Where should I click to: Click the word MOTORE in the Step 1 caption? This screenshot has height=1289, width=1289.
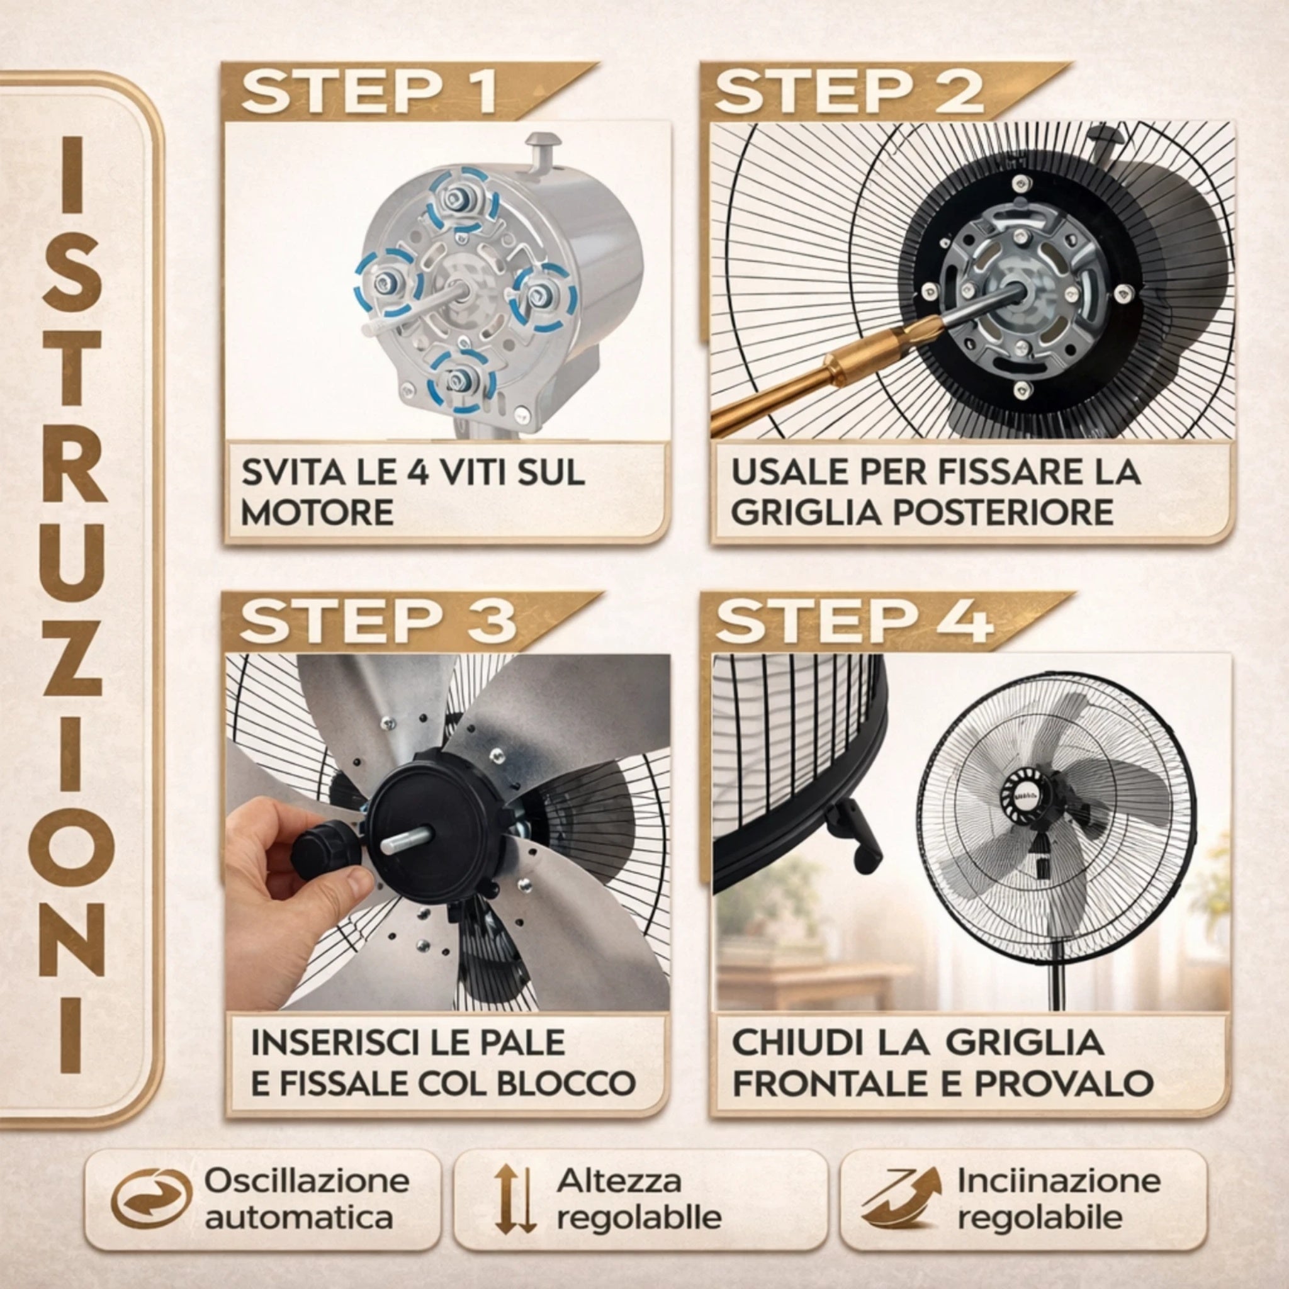tap(318, 512)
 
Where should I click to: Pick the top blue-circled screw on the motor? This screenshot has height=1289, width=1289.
tap(461, 199)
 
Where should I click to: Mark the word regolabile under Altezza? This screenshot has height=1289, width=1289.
tap(639, 1218)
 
